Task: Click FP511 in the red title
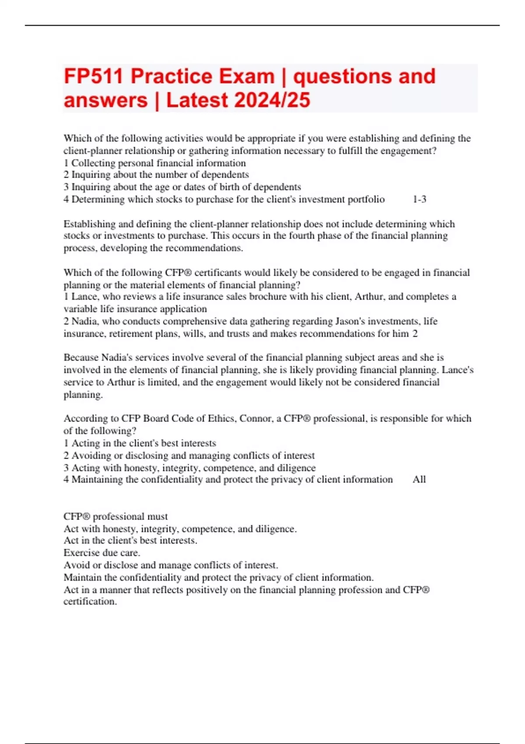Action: (x=93, y=77)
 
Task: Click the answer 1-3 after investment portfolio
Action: (x=419, y=200)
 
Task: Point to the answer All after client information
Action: (x=419, y=480)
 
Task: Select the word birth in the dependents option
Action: (x=221, y=187)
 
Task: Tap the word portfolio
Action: (x=366, y=200)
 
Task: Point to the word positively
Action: (x=206, y=590)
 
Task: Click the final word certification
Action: (x=90, y=602)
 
